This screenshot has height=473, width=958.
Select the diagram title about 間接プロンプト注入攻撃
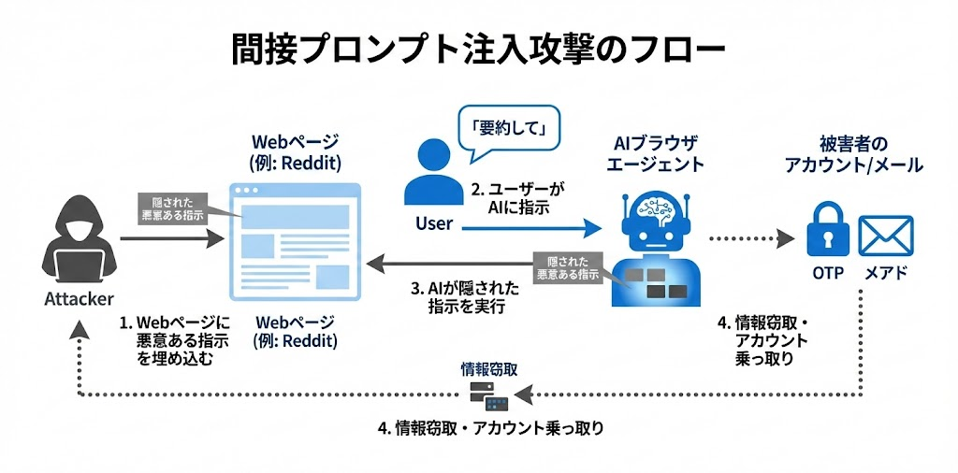click(478, 50)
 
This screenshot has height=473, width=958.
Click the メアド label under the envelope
click(884, 274)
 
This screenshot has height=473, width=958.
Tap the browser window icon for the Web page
click(295, 239)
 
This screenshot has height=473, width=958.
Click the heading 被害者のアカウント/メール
click(853, 154)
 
